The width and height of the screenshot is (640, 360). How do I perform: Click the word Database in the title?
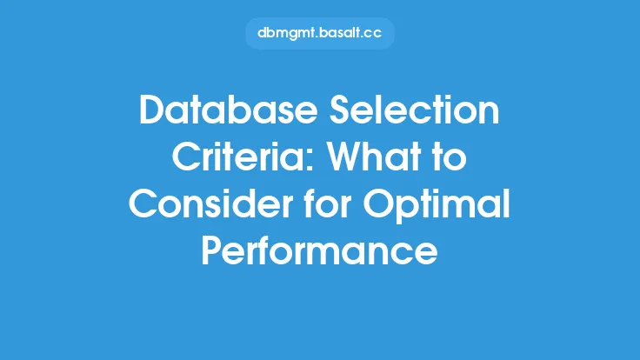[229, 110]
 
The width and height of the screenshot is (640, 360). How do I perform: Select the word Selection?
[414, 110]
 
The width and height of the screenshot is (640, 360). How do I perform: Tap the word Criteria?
[243, 157]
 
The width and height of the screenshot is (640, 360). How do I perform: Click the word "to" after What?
[449, 157]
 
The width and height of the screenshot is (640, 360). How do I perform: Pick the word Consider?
[211, 203]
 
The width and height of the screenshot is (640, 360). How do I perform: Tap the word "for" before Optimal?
[328, 203]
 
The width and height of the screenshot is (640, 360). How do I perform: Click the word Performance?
[320, 250]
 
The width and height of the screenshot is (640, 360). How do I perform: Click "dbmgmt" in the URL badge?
[287, 33]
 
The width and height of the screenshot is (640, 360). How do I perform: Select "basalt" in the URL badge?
[340, 33]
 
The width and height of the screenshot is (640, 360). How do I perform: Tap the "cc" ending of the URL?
[373, 34]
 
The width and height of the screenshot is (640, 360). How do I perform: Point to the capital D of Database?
[152, 110]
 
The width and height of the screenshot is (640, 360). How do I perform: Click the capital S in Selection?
[341, 110]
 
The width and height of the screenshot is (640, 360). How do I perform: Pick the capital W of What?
[347, 157]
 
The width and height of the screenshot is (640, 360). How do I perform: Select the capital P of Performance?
[212, 250]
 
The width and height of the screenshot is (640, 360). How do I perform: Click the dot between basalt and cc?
[361, 37]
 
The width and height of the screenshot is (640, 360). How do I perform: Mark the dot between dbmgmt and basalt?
[318, 37]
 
